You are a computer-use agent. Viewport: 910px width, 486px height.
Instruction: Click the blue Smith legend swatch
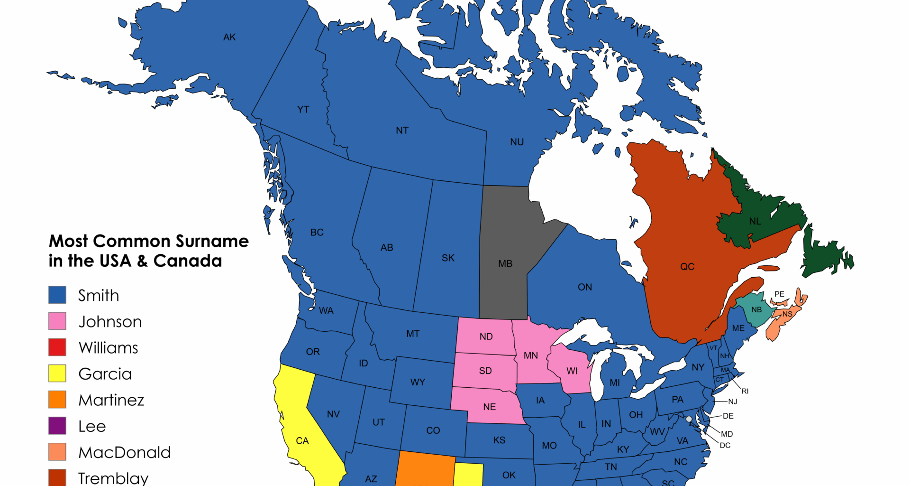[x=57, y=295]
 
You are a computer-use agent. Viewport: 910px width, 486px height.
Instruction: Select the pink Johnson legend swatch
[x=57, y=321]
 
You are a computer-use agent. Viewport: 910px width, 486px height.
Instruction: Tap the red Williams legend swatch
[x=57, y=347]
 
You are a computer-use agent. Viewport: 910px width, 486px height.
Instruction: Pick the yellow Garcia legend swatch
[x=57, y=373]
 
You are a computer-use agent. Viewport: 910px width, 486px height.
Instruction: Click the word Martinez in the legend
[x=111, y=400]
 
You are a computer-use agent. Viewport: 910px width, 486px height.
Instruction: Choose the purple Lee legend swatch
[x=57, y=425]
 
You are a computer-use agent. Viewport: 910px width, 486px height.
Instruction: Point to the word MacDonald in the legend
[x=124, y=452]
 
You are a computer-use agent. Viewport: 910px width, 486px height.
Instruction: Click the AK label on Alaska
[x=229, y=37]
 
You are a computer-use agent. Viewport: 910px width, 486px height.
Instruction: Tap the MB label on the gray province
[x=505, y=263]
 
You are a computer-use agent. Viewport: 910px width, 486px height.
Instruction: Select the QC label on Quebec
[x=687, y=267]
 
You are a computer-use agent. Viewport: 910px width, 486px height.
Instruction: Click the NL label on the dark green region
[x=755, y=222]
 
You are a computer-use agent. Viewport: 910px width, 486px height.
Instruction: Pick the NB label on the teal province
[x=756, y=310]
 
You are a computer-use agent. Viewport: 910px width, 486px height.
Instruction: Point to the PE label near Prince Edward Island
[x=779, y=294]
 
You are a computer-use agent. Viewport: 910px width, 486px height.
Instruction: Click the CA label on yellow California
[x=302, y=441]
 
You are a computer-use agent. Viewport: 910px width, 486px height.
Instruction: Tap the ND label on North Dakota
[x=486, y=336]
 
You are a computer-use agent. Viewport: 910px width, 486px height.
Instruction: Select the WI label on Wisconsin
[x=572, y=371]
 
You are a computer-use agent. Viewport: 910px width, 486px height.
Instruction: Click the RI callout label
[x=745, y=391]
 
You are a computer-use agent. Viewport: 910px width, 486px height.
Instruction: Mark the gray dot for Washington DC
[x=689, y=419]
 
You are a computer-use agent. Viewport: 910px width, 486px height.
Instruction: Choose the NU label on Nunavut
[x=517, y=142]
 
